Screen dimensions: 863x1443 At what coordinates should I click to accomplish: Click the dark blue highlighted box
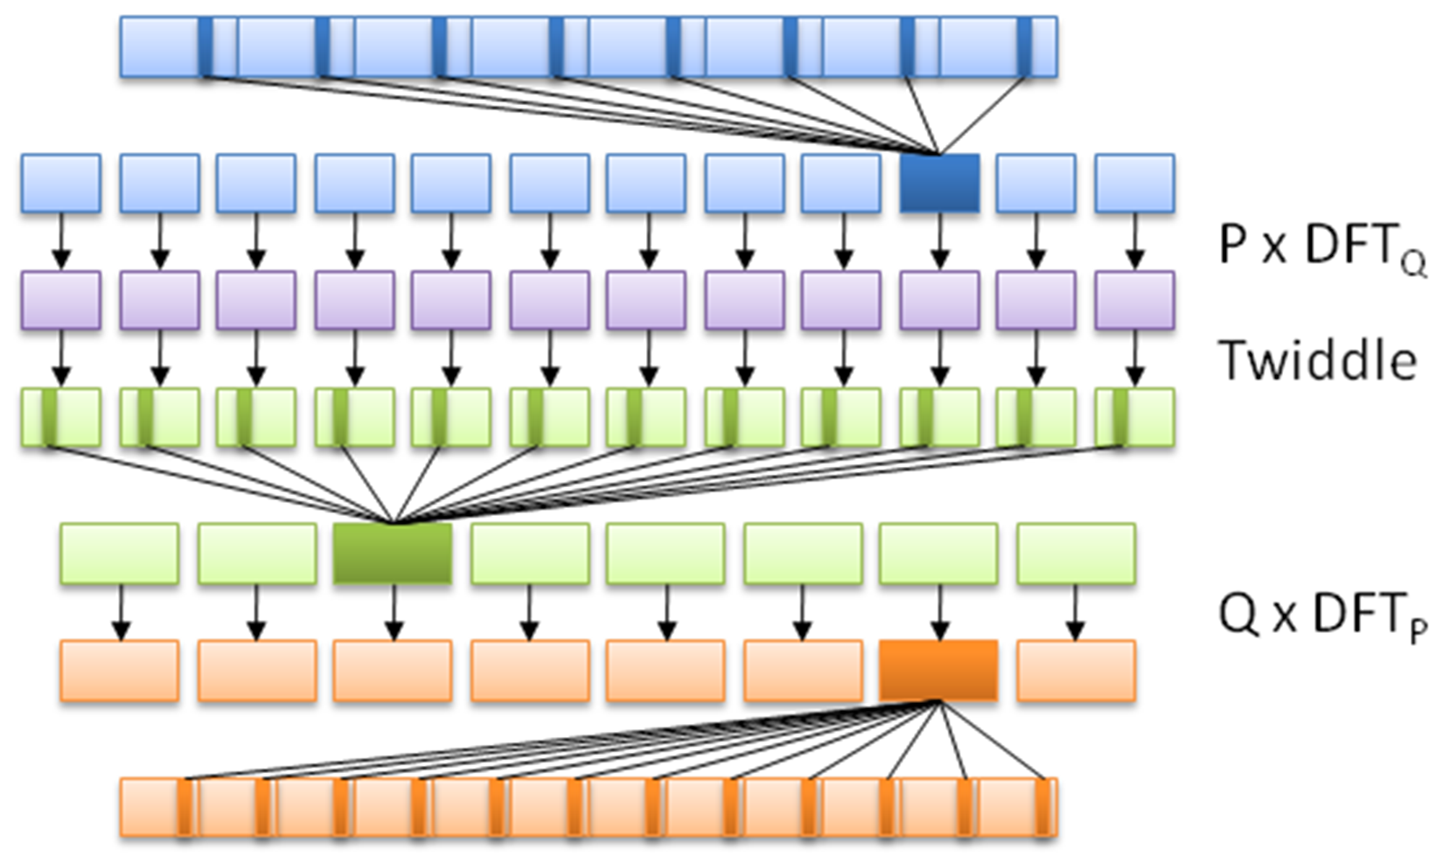[940, 183]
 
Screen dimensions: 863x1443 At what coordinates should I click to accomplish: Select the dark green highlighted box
[393, 553]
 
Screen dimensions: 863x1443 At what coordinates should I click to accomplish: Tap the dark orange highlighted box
[938, 671]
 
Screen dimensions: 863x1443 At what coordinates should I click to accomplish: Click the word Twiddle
[1317, 360]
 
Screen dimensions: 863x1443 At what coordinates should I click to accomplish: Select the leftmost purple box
[61, 300]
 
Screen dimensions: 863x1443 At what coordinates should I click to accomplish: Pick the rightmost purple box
[1134, 300]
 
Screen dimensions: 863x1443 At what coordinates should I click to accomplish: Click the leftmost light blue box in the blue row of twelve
[61, 183]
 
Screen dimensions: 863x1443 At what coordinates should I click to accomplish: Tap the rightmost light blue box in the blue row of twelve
[1134, 183]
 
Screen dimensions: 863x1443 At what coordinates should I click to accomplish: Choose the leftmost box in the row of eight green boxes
[120, 553]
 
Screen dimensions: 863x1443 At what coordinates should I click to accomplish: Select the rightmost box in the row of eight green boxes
[1076, 553]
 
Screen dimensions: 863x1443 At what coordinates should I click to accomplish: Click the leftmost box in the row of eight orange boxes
[120, 671]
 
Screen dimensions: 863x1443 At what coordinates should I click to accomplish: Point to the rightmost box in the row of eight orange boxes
[1076, 671]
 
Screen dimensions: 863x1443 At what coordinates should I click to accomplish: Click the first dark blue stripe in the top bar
[206, 46]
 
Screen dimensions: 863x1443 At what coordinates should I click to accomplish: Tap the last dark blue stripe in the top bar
[1024, 46]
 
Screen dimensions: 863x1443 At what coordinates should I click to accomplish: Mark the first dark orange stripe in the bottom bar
[185, 807]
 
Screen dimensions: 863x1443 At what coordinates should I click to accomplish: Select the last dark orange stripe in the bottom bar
[1042, 807]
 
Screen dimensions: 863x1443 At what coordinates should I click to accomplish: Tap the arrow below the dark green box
[394, 612]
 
